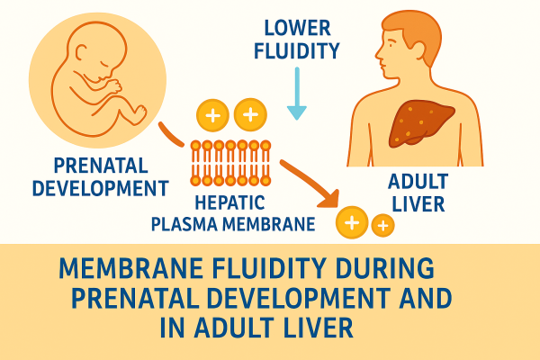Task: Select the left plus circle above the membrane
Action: (213, 115)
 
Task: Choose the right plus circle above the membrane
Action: (249, 114)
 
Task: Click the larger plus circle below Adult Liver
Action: (352, 221)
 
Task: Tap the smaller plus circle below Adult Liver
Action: (382, 225)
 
